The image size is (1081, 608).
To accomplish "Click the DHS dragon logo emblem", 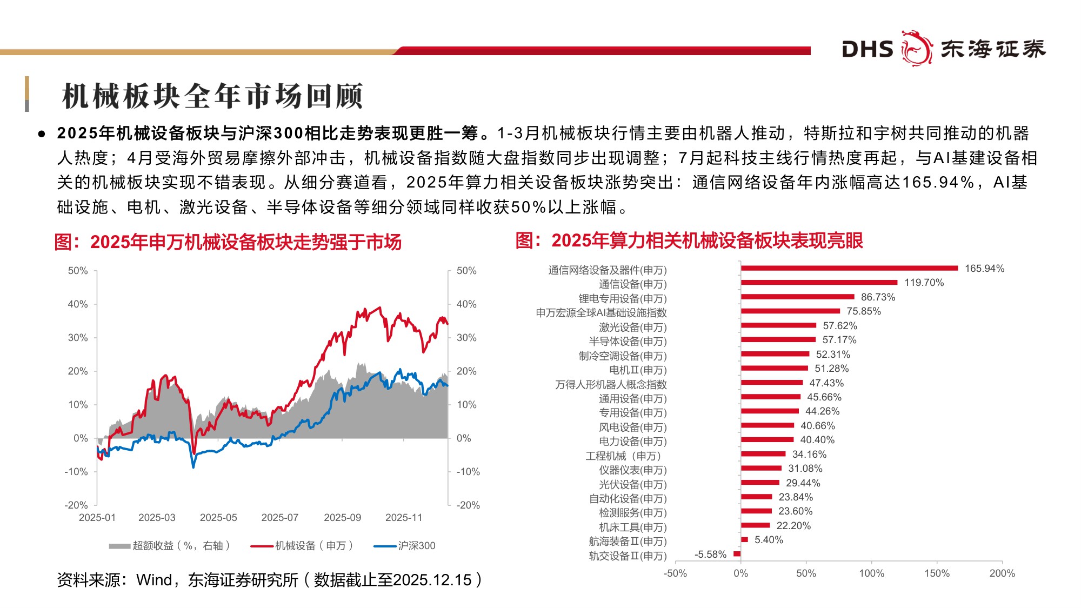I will [917, 48].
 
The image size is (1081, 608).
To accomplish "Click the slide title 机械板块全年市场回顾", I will [212, 96].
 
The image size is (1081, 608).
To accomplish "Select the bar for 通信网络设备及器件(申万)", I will [849, 268].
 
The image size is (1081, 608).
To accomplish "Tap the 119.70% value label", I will [924, 283].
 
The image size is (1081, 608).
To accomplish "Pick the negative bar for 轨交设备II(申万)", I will [737, 554].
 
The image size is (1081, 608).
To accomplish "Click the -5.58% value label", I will [710, 554].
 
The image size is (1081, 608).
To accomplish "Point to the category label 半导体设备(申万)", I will [628, 342].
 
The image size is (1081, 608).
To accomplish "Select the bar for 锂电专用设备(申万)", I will [797, 297].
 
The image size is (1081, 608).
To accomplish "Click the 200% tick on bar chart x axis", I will [1002, 573].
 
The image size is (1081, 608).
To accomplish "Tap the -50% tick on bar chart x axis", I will [675, 573].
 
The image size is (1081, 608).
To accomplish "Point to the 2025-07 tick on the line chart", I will [279, 518].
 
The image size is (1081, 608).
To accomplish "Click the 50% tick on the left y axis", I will [78, 271].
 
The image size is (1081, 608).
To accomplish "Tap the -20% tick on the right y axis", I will [468, 505].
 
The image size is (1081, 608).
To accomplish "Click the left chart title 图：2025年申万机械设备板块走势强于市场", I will [228, 242].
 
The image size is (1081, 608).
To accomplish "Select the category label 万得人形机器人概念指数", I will [611, 385].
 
